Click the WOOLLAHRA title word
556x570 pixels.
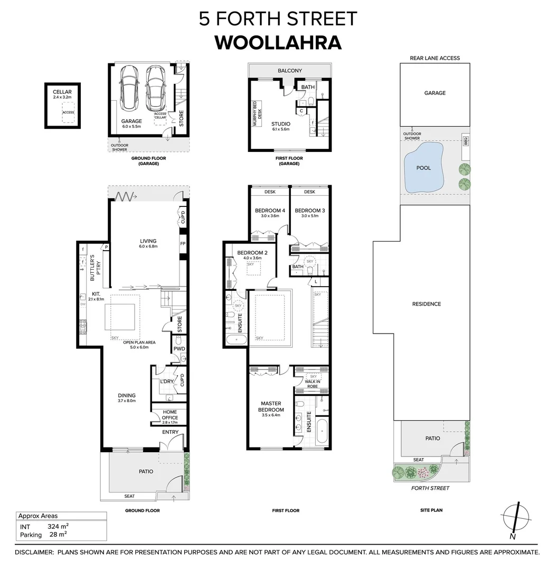pos(278,42)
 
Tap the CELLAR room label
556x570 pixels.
pos(62,92)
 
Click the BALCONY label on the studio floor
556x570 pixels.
pos(290,71)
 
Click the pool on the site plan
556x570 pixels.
pos(423,168)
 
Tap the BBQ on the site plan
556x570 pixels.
pos(466,141)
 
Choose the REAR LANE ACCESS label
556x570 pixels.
pos(435,58)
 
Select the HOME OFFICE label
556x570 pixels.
pos(169,415)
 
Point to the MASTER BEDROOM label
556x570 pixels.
pos(271,406)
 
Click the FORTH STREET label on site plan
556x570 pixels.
pos(430,488)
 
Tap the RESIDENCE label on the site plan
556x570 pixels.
pos(427,304)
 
